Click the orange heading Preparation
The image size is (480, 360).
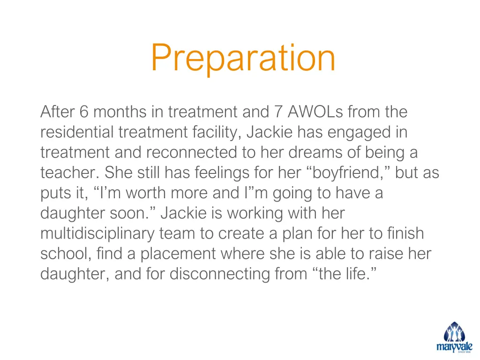[x=243, y=58]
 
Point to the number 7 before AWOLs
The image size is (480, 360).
[x=277, y=112]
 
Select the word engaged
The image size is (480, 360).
[x=359, y=133]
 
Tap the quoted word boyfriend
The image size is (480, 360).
[x=349, y=173]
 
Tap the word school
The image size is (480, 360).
[x=64, y=254]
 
